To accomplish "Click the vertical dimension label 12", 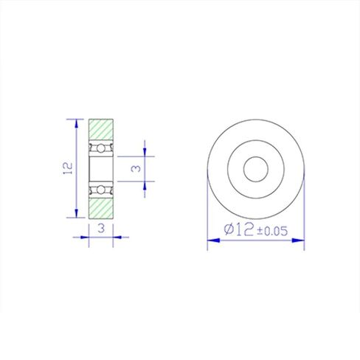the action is click(x=68, y=168).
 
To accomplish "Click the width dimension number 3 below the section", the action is click(x=101, y=229).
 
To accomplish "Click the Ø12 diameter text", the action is click(x=238, y=229).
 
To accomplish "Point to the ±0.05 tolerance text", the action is click(x=272, y=231).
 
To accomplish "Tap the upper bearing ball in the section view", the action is click(x=100, y=148).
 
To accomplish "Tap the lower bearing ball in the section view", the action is click(x=100, y=190).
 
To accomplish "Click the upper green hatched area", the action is click(x=101, y=129).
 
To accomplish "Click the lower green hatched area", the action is click(x=101, y=209).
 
